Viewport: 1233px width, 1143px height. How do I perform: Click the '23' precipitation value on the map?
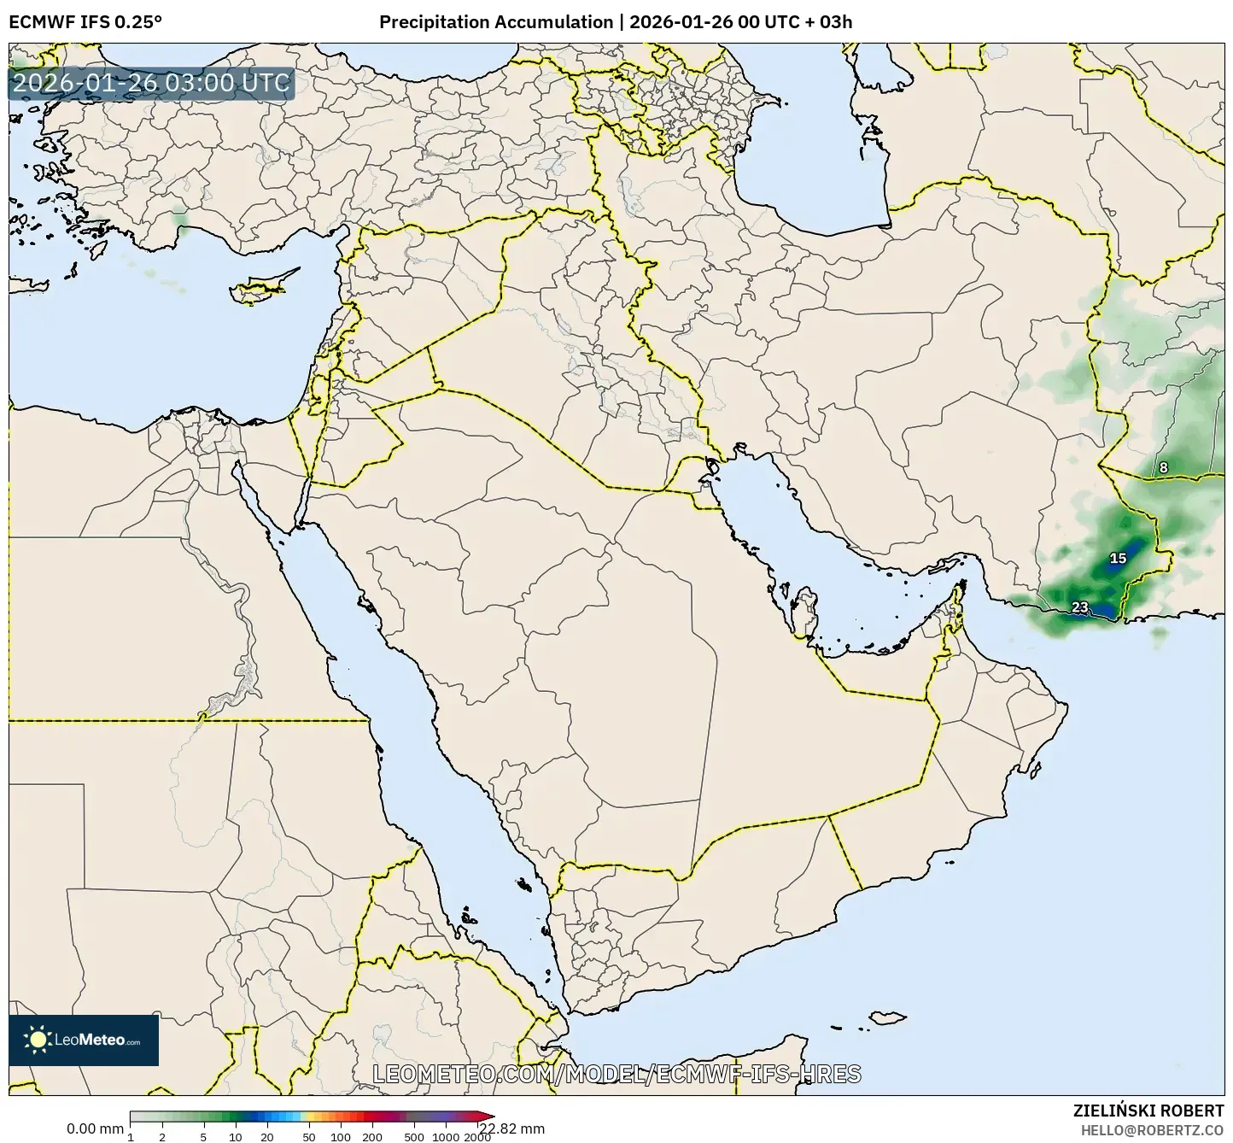[1080, 607]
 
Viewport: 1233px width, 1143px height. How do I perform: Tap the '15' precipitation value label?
[1118, 559]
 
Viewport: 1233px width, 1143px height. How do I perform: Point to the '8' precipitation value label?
[1163, 467]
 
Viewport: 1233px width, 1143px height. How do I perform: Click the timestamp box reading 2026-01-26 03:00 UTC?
[152, 84]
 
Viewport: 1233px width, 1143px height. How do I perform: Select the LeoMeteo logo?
[84, 1040]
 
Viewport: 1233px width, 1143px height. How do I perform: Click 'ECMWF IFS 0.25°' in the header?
[85, 21]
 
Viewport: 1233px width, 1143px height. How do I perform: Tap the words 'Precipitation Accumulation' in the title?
[496, 21]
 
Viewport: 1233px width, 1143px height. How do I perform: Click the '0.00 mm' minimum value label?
[95, 1128]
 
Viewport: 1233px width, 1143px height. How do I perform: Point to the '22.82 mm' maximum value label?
[511, 1128]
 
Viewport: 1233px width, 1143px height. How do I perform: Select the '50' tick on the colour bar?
[309, 1137]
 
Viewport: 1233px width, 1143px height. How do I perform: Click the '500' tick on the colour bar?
[414, 1137]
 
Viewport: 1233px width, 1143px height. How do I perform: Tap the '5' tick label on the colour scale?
[203, 1137]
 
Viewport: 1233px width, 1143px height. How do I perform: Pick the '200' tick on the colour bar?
[371, 1137]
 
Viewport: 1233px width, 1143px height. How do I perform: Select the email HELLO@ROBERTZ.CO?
[1152, 1129]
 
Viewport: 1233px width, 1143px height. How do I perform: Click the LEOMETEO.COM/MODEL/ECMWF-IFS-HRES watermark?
[616, 1074]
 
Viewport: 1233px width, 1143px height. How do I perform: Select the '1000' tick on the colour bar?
[447, 1137]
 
